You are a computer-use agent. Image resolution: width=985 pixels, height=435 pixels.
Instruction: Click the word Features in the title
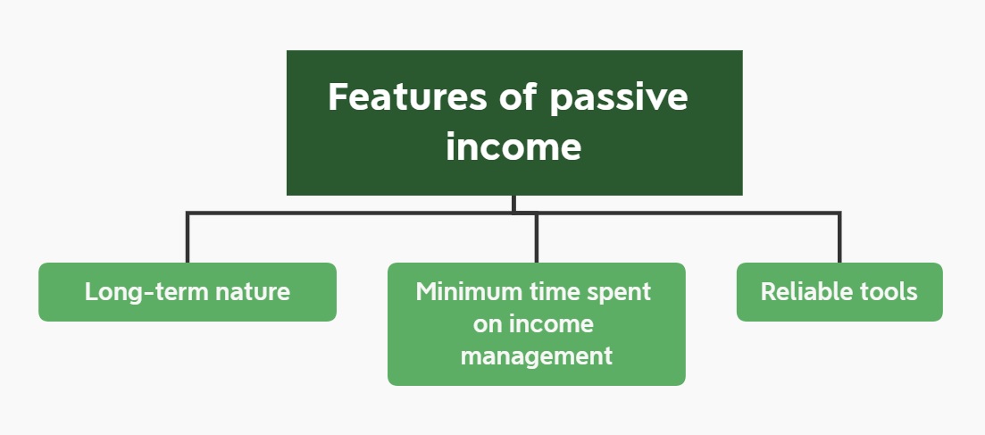[407, 96]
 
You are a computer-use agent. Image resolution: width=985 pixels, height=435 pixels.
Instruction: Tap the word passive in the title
[619, 99]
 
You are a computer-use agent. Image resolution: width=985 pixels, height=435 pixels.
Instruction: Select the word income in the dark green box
[513, 146]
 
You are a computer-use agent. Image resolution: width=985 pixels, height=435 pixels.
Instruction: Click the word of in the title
[518, 96]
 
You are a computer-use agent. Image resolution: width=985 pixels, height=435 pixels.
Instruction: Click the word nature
[253, 293]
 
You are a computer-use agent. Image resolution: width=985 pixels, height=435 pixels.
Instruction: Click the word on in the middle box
[487, 326]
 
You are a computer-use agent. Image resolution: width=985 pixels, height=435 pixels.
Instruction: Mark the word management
[537, 357]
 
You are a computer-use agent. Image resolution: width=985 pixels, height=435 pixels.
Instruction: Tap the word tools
[882, 292]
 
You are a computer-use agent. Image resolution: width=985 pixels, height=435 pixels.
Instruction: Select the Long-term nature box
[188, 292]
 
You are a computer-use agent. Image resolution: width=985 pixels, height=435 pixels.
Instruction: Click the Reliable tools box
[839, 292]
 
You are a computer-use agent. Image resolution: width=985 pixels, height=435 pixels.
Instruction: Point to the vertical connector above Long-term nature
[188, 238]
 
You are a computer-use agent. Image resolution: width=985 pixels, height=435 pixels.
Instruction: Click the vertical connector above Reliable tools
[839, 238]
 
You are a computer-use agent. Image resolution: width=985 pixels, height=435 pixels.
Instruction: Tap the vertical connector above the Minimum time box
[536, 238]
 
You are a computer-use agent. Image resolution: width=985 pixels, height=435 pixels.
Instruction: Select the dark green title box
[514, 122]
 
